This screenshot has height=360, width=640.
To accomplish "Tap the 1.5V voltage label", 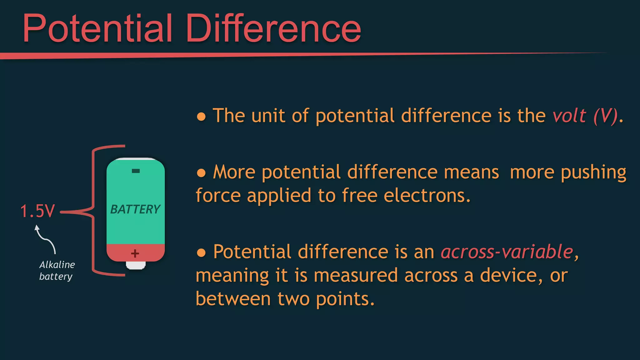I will (x=37, y=211).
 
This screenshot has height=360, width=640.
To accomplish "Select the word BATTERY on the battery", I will (x=135, y=209).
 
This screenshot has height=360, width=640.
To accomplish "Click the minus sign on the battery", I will (x=136, y=171).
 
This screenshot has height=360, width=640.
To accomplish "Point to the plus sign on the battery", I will (x=135, y=253).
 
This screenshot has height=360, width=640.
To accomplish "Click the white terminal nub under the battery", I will (x=136, y=265).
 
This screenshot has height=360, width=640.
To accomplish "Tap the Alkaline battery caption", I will (x=57, y=271).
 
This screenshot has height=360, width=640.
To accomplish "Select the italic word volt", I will (x=569, y=116).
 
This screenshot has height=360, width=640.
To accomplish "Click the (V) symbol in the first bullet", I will (x=606, y=116).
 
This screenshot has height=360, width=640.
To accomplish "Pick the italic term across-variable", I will (x=507, y=252).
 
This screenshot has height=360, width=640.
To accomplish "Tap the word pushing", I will (x=593, y=172).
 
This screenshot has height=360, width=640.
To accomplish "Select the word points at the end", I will (x=345, y=299).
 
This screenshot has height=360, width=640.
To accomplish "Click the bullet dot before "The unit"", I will (x=201, y=117).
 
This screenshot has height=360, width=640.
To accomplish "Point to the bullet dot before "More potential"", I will (x=201, y=173).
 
